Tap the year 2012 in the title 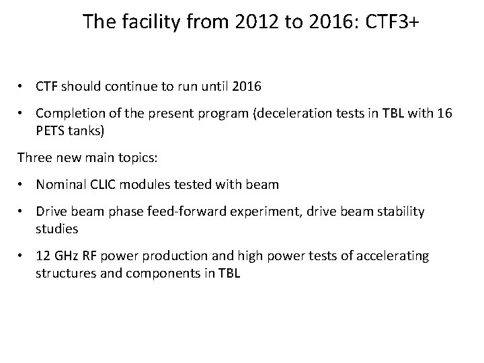click(255, 22)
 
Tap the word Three click(34, 158)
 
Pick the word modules click(153, 184)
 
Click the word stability click(402, 211)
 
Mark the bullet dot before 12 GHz click(23, 255)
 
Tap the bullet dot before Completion click(23, 114)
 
